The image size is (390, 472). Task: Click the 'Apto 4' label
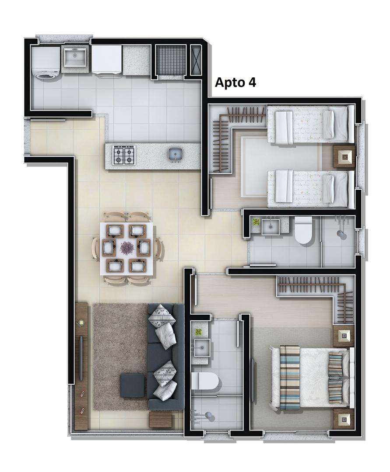pos(235,82)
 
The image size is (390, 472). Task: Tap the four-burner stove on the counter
pos(124,154)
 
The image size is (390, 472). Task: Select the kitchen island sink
pos(175,154)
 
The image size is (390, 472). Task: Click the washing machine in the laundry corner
pos(46,62)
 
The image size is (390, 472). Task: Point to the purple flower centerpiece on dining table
pos(126,247)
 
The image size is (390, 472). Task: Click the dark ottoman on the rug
pos(132,385)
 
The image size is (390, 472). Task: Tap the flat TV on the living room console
pos(81,358)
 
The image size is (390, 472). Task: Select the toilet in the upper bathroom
pos(302,231)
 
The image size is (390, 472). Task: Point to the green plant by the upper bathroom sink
pos(256,222)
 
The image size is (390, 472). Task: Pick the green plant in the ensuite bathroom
pos(198,332)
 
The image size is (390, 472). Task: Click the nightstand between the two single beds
pos(344,156)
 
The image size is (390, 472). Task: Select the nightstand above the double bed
pos(343,335)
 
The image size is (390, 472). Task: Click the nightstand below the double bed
pos(343,419)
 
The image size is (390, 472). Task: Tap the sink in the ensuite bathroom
pos(201,347)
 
